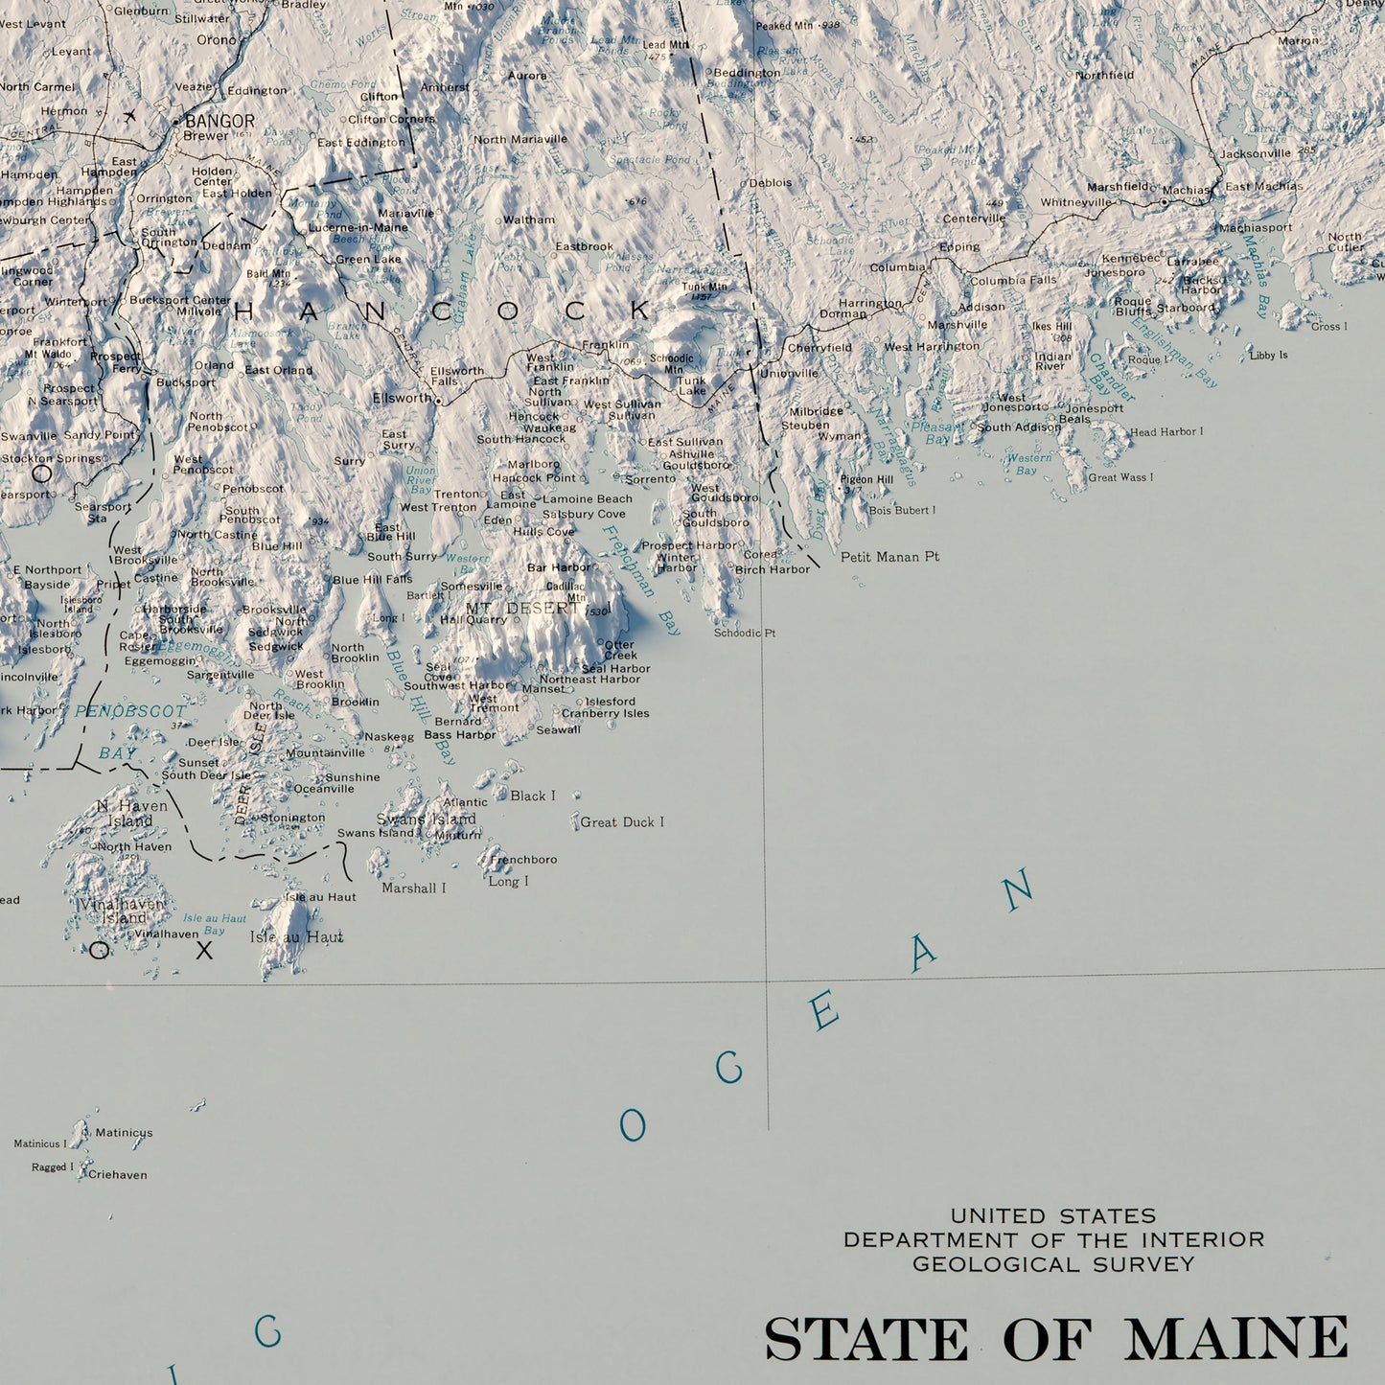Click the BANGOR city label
coord(219,122)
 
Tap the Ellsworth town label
coord(403,398)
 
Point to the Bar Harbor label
coord(559,567)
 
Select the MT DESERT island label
coord(523,609)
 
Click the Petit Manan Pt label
coord(889,557)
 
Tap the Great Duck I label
coord(622,822)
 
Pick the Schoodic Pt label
coord(745,633)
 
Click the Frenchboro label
coord(523,860)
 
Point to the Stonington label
coord(293,819)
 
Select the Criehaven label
coord(118,1175)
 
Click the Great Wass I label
coord(1120,477)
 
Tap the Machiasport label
coord(1255,228)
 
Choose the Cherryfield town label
coord(819,348)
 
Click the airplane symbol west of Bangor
coord(130,116)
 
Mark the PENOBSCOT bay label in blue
coord(130,712)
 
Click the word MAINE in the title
coord(1235,1338)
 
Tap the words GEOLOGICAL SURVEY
coord(1053,1264)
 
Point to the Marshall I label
coord(414,889)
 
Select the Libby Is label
coord(1268,356)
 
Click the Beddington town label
coord(747,73)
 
